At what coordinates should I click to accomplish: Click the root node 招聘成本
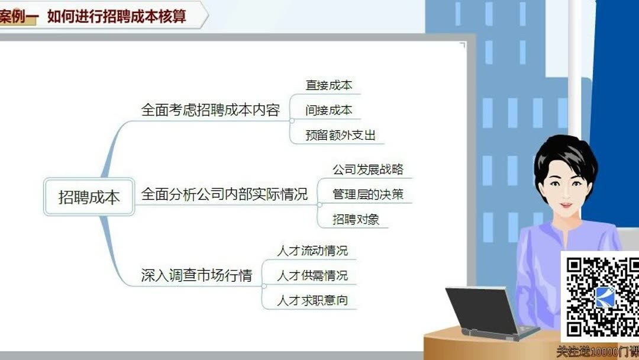click(89, 197)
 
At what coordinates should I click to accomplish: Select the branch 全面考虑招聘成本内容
click(210, 110)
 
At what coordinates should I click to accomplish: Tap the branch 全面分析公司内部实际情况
click(224, 194)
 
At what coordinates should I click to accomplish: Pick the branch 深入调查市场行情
click(196, 275)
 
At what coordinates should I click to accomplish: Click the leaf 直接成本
click(329, 85)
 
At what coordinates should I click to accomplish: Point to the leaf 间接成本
click(329, 110)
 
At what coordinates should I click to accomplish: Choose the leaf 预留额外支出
click(341, 135)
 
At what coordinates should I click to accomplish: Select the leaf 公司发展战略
click(368, 170)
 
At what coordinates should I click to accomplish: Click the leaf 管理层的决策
click(368, 194)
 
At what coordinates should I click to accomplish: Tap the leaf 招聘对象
click(356, 219)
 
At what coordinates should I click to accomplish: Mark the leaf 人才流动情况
click(312, 250)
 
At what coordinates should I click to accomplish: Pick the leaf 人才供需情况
click(312, 275)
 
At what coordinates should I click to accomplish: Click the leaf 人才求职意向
click(312, 300)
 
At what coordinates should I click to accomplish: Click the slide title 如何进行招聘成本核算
click(117, 16)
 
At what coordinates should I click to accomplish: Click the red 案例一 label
click(18, 16)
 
